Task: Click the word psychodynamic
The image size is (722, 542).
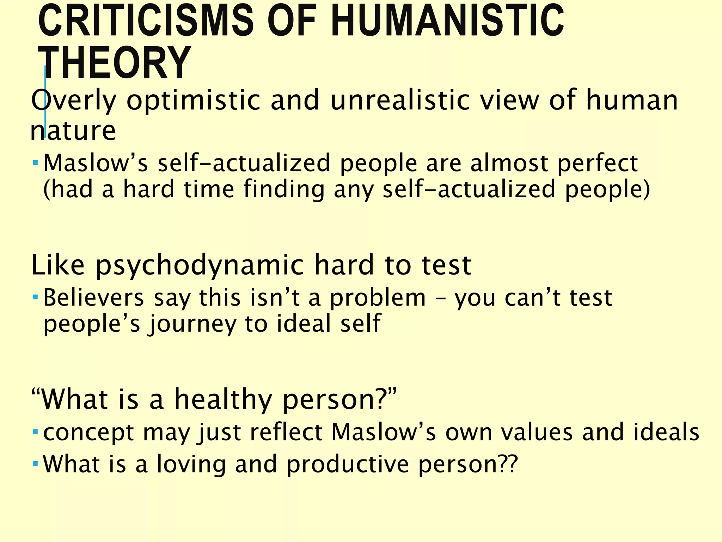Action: pyautogui.click(x=199, y=265)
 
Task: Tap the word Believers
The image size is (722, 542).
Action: pyautogui.click(x=94, y=297)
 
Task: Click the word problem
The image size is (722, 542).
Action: pyautogui.click(x=378, y=297)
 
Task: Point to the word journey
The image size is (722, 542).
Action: pyautogui.click(x=193, y=324)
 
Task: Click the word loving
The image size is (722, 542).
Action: pyautogui.click(x=191, y=464)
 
